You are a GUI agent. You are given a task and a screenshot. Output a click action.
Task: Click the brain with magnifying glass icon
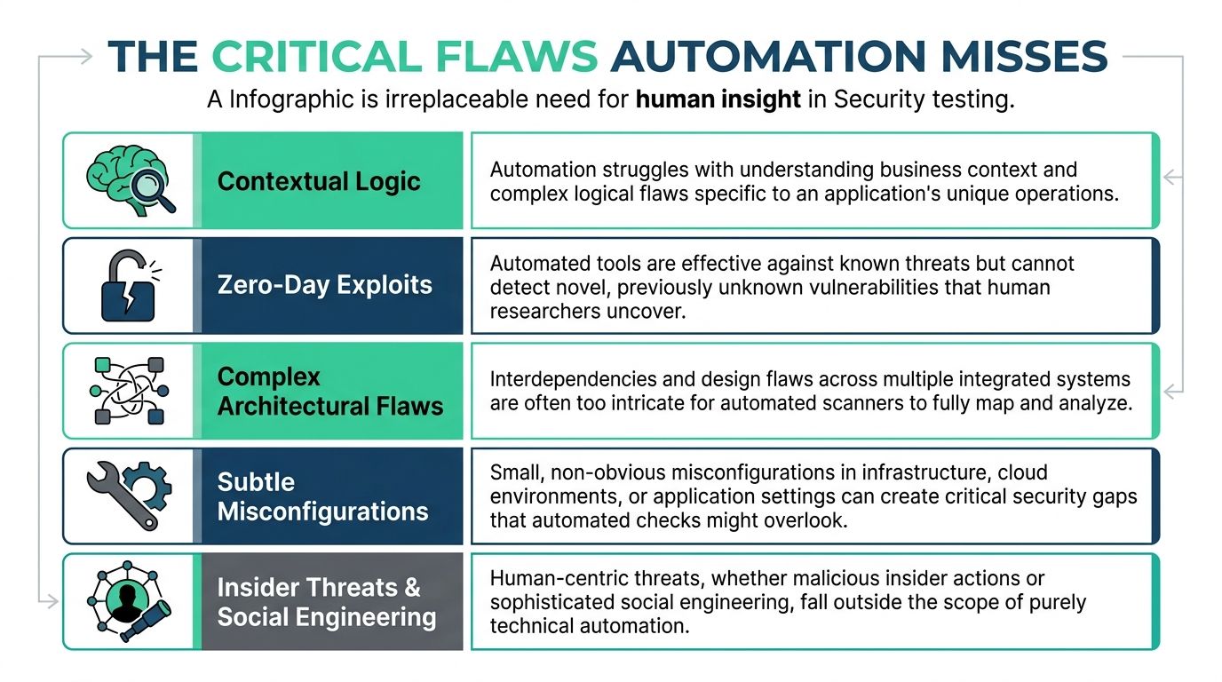[130, 180]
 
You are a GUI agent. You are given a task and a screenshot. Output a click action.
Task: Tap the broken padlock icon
[127, 285]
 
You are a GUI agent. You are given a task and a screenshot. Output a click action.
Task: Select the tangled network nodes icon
[130, 391]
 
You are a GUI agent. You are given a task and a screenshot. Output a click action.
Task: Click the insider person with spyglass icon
[130, 601]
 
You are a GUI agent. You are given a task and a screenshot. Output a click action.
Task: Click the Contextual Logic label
[319, 181]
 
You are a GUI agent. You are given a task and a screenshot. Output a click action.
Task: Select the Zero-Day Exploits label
[325, 285]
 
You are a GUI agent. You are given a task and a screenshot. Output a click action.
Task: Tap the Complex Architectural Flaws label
[330, 391]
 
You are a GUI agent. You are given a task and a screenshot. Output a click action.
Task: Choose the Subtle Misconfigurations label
[322, 496]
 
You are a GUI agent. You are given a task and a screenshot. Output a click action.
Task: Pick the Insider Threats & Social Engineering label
[327, 602]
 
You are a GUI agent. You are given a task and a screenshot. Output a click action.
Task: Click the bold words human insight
[718, 99]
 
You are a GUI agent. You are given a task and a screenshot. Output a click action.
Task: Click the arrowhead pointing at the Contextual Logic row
[1170, 178]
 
